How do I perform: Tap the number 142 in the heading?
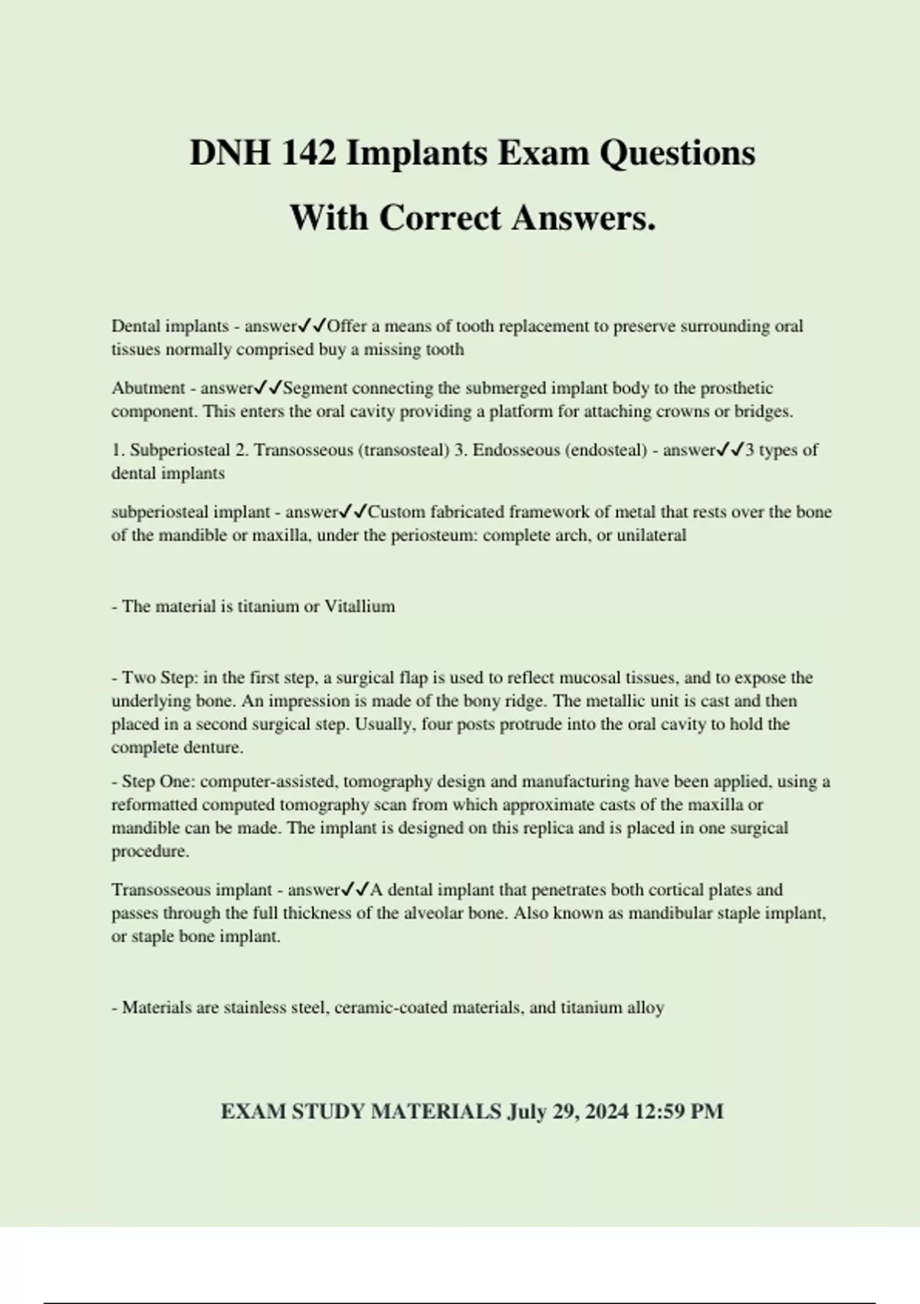click(x=308, y=153)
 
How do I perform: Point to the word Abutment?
click(x=148, y=388)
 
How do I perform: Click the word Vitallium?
click(x=360, y=607)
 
